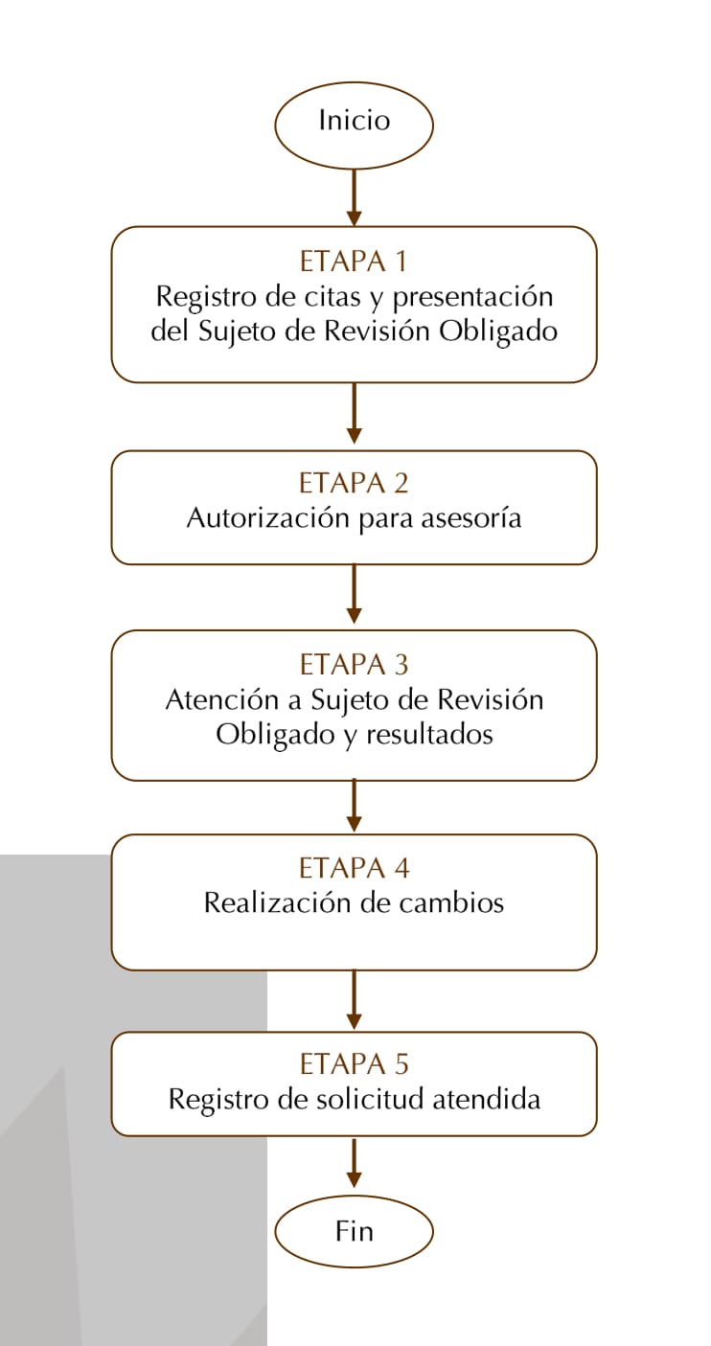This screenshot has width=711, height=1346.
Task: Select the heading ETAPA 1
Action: click(x=354, y=262)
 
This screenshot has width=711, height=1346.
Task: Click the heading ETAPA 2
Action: click(x=354, y=483)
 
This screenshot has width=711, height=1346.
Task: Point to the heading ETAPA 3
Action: click(x=354, y=665)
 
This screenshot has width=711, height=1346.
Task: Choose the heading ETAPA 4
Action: click(x=354, y=868)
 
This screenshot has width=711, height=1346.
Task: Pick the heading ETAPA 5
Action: click(x=354, y=1064)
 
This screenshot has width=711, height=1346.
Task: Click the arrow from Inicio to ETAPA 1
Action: click(x=354, y=197)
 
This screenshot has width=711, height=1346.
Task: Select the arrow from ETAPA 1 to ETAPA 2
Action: click(x=354, y=414)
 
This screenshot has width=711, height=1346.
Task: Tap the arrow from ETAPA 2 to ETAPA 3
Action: click(x=354, y=594)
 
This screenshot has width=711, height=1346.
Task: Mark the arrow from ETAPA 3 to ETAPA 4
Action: click(x=354, y=805)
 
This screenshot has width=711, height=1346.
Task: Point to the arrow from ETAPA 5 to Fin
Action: click(x=354, y=1162)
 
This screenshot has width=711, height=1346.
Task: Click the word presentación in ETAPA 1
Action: click(x=473, y=297)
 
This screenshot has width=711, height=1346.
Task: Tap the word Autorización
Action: click(x=269, y=518)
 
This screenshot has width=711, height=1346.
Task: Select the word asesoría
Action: click(x=470, y=518)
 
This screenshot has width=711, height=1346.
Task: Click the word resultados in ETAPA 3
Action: click(x=429, y=734)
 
